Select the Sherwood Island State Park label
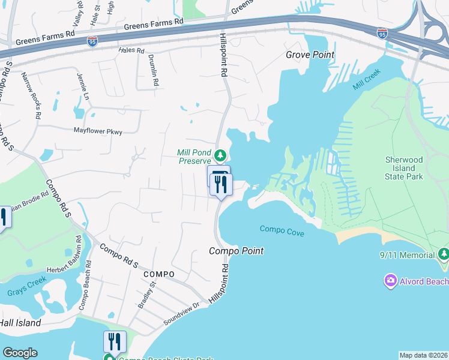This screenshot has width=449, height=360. click(x=403, y=169)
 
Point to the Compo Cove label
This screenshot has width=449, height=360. click(x=282, y=230)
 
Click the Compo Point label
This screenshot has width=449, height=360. click(x=236, y=251)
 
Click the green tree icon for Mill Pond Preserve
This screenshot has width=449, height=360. click(x=220, y=154)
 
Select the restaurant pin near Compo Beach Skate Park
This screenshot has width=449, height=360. click(x=115, y=341)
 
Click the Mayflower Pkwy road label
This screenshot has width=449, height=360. click(x=97, y=130)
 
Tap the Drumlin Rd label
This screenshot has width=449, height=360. click(x=153, y=71)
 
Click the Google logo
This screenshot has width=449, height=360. click(x=20, y=353)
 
